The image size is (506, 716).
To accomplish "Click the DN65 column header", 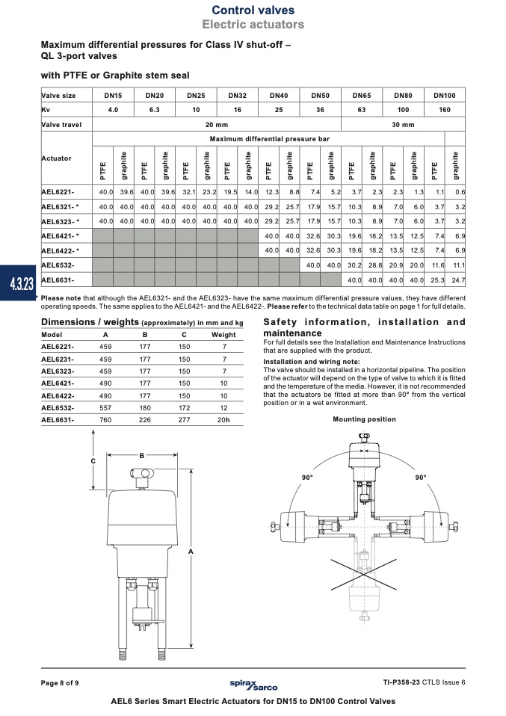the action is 362,96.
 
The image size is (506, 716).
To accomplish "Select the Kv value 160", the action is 445,110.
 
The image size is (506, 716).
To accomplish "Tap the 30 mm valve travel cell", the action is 404,124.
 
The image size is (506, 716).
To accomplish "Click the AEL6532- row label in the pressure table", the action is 58,265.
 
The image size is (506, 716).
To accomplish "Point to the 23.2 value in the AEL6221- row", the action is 209,192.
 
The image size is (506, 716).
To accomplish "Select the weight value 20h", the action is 223,420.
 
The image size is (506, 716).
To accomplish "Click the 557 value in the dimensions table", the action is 105,408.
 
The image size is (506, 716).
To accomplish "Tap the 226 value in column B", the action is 145,420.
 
